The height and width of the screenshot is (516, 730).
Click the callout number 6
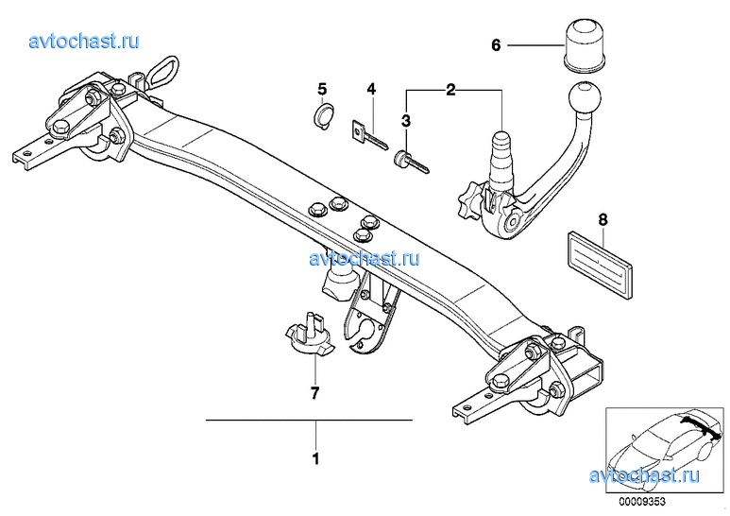click(496, 45)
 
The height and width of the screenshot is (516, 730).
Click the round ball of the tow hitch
click(585, 99)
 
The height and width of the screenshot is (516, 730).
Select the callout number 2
click(450, 90)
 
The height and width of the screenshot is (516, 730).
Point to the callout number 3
click(406, 121)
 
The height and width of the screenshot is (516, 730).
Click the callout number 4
click(370, 89)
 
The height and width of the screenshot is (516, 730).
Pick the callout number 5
click(322, 89)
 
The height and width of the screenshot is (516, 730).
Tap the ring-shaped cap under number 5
click(325, 117)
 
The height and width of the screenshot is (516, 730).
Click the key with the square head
click(366, 136)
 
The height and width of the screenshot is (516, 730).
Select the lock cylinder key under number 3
click(412, 162)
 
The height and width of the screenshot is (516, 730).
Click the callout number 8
click(603, 219)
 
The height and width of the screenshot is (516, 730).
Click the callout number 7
click(315, 393)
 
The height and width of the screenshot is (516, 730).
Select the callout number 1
click(316, 458)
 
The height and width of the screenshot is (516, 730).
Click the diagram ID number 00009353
click(642, 502)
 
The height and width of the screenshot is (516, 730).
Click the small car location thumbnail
click(665, 450)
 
